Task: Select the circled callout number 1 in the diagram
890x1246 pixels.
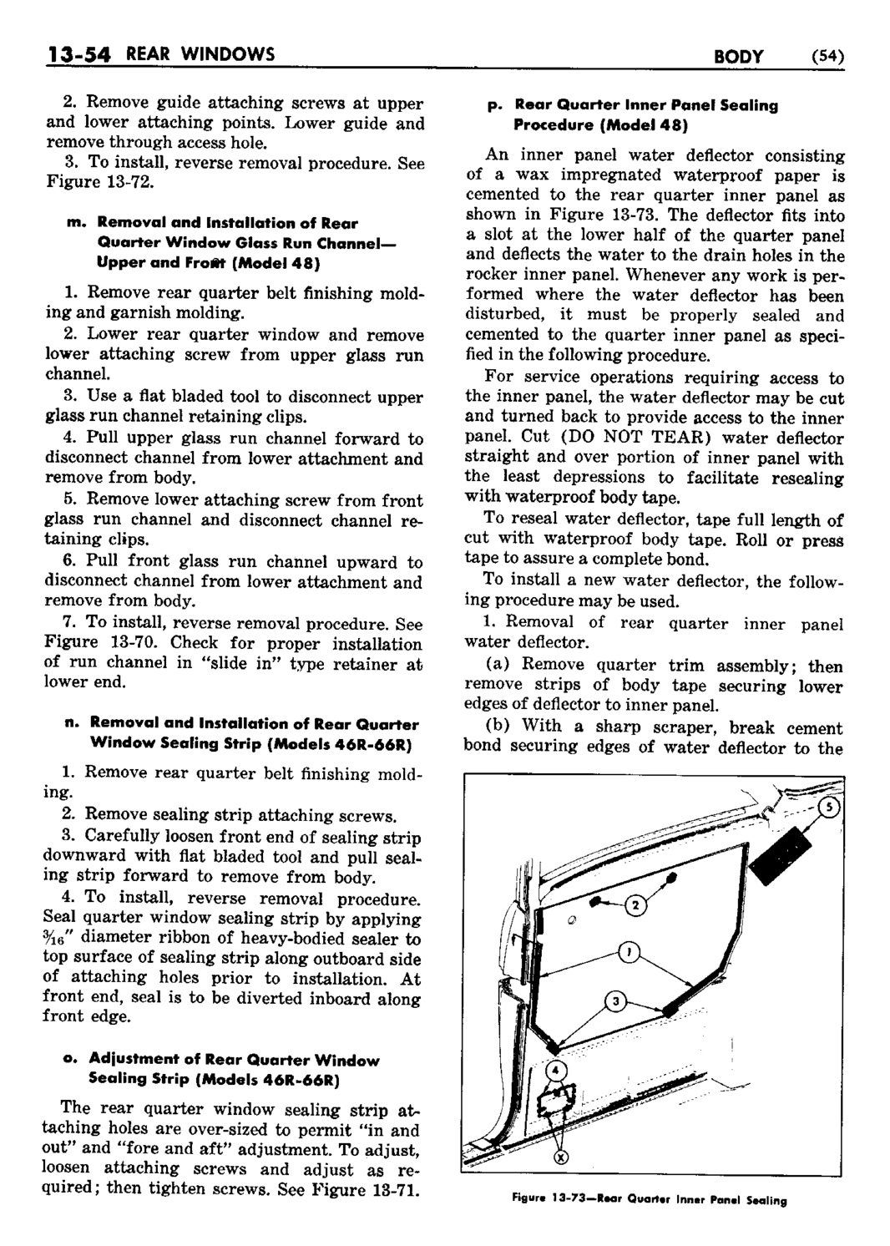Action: (627, 951)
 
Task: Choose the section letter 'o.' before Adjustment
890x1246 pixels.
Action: (70, 1061)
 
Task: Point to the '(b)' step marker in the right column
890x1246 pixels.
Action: (502, 727)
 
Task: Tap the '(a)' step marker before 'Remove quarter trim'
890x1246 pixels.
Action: (502, 666)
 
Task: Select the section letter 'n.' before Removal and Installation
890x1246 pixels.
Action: (71, 723)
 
